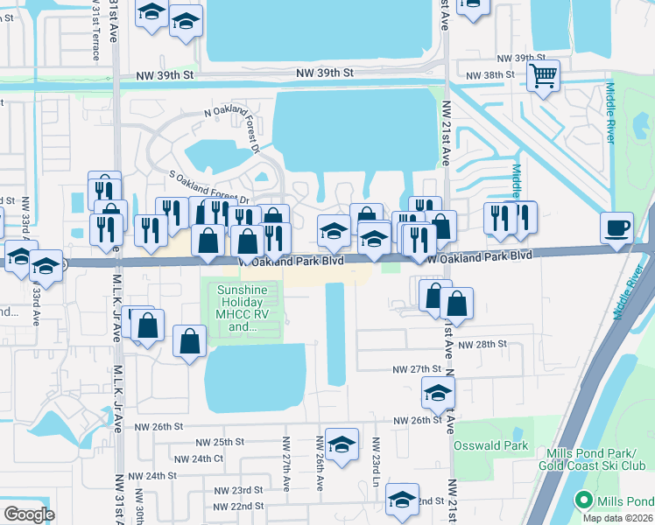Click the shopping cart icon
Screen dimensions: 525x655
[x=544, y=76]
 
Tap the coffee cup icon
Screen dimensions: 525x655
[x=616, y=227]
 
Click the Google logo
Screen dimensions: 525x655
[x=29, y=514]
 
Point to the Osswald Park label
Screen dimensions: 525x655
[x=491, y=445]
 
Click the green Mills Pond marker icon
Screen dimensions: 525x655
[x=584, y=501]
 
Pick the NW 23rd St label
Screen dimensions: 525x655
[x=241, y=490]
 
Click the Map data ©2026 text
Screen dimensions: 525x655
[x=618, y=518]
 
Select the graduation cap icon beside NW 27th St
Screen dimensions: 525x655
[x=438, y=394]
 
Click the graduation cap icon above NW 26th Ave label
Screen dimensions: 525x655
[x=342, y=442]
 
